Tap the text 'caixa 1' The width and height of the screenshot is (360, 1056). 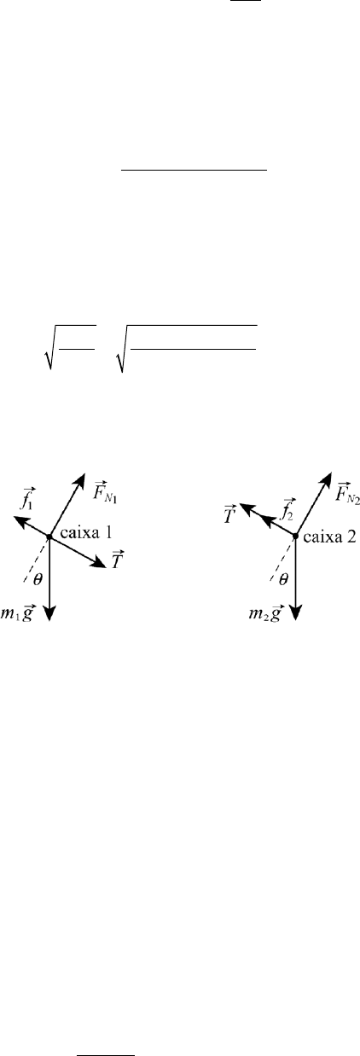[87, 533]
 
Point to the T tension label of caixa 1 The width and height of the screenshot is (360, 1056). [118, 560]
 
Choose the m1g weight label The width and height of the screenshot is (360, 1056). [17, 613]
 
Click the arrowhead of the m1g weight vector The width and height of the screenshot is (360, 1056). [49, 613]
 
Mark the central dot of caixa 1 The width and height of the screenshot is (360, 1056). [49, 536]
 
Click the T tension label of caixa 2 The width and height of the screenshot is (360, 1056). [229, 515]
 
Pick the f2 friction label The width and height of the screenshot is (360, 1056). [287, 509]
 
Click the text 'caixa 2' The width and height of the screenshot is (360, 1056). [330, 537]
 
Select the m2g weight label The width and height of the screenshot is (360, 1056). [265, 613]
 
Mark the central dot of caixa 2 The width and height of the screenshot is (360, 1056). [295, 536]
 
